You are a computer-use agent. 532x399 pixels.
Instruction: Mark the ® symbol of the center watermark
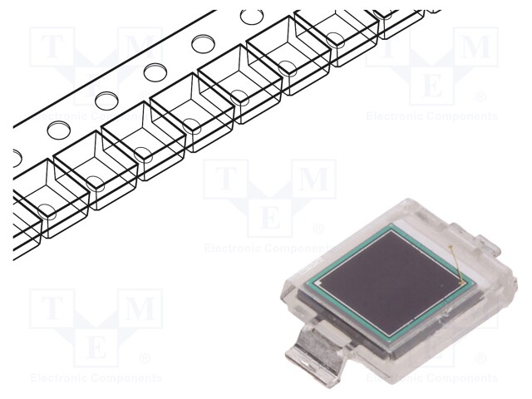coord(318,229)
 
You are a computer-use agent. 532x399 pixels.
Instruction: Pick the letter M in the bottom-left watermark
coord(139,310)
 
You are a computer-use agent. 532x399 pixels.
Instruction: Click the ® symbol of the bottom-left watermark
coord(145,358)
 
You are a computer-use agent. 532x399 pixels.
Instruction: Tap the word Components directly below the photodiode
coord(461,379)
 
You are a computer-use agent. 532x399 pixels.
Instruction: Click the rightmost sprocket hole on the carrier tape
coord(249,17)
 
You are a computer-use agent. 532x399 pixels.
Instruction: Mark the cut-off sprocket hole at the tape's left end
coord(17,156)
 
